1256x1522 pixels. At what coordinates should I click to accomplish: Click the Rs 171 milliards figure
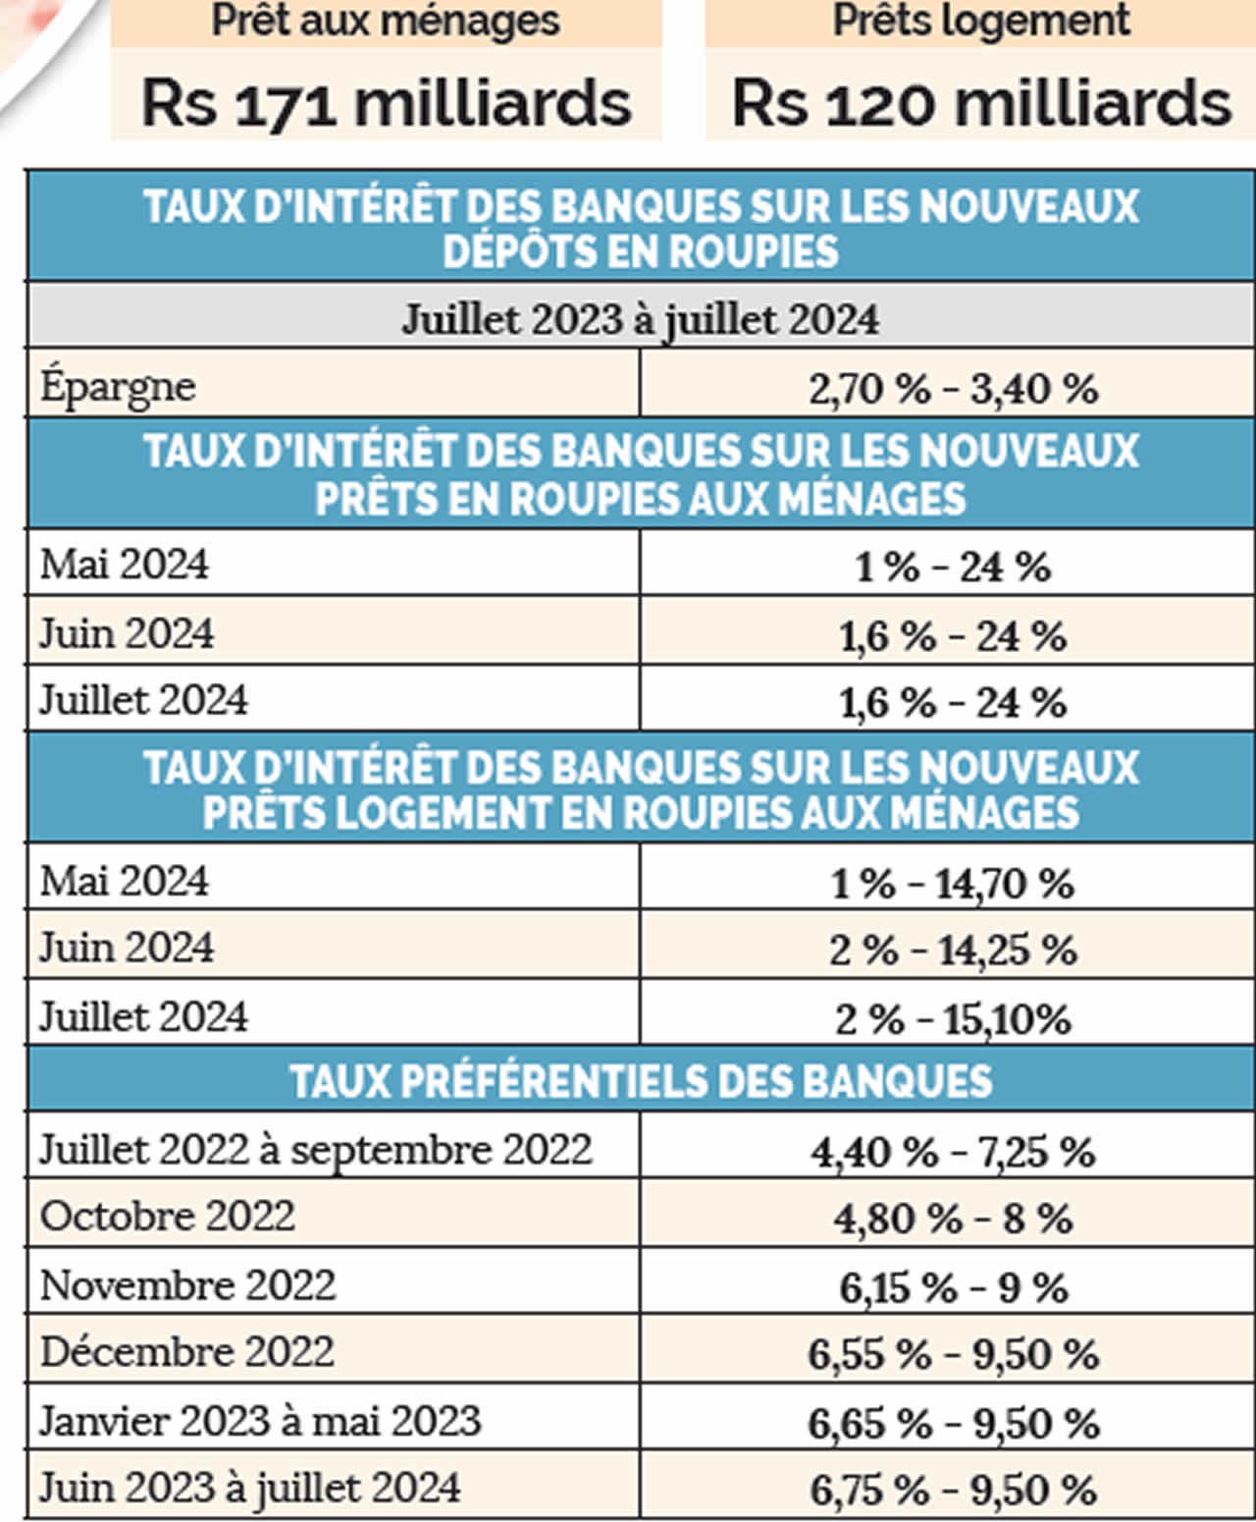pos(386,103)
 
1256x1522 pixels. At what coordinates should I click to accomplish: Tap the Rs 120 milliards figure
pos(981,103)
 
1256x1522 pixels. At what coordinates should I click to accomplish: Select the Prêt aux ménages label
pos(386,21)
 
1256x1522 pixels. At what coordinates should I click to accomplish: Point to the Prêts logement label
pos(981,21)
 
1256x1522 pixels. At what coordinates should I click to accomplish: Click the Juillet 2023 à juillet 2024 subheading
pos(641,319)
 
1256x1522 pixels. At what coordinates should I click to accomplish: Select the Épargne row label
pos(118,386)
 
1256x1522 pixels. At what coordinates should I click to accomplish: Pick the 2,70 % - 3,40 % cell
pos(953,389)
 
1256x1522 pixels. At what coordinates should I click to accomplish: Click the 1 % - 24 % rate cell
pos(953,567)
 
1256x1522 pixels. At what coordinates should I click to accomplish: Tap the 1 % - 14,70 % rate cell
pos(953,883)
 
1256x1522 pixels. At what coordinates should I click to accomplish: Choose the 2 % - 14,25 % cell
pos(953,950)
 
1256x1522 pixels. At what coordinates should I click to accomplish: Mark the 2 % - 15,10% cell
pos(953,1018)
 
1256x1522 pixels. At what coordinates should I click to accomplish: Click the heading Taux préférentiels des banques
pos(641,1081)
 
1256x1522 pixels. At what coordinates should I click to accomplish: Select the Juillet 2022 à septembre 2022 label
pos(315,1150)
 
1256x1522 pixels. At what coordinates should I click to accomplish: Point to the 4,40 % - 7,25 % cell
pos(953,1152)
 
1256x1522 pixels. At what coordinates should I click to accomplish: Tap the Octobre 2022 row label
pos(167,1217)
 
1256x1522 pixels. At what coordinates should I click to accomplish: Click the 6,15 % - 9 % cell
pos(953,1287)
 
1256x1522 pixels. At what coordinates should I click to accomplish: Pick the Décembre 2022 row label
pos(186,1352)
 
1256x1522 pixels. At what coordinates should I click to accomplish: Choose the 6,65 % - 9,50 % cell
pos(953,1423)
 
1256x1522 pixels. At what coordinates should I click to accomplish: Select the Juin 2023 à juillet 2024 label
pos(249,1488)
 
